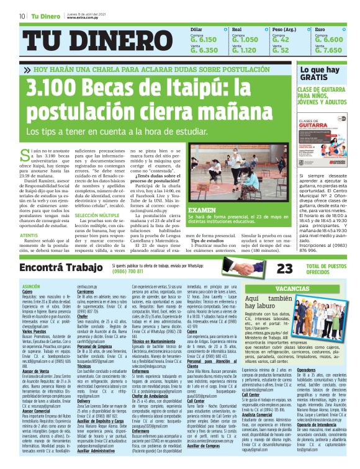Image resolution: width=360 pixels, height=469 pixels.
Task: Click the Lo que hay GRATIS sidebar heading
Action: coord(320,74)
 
